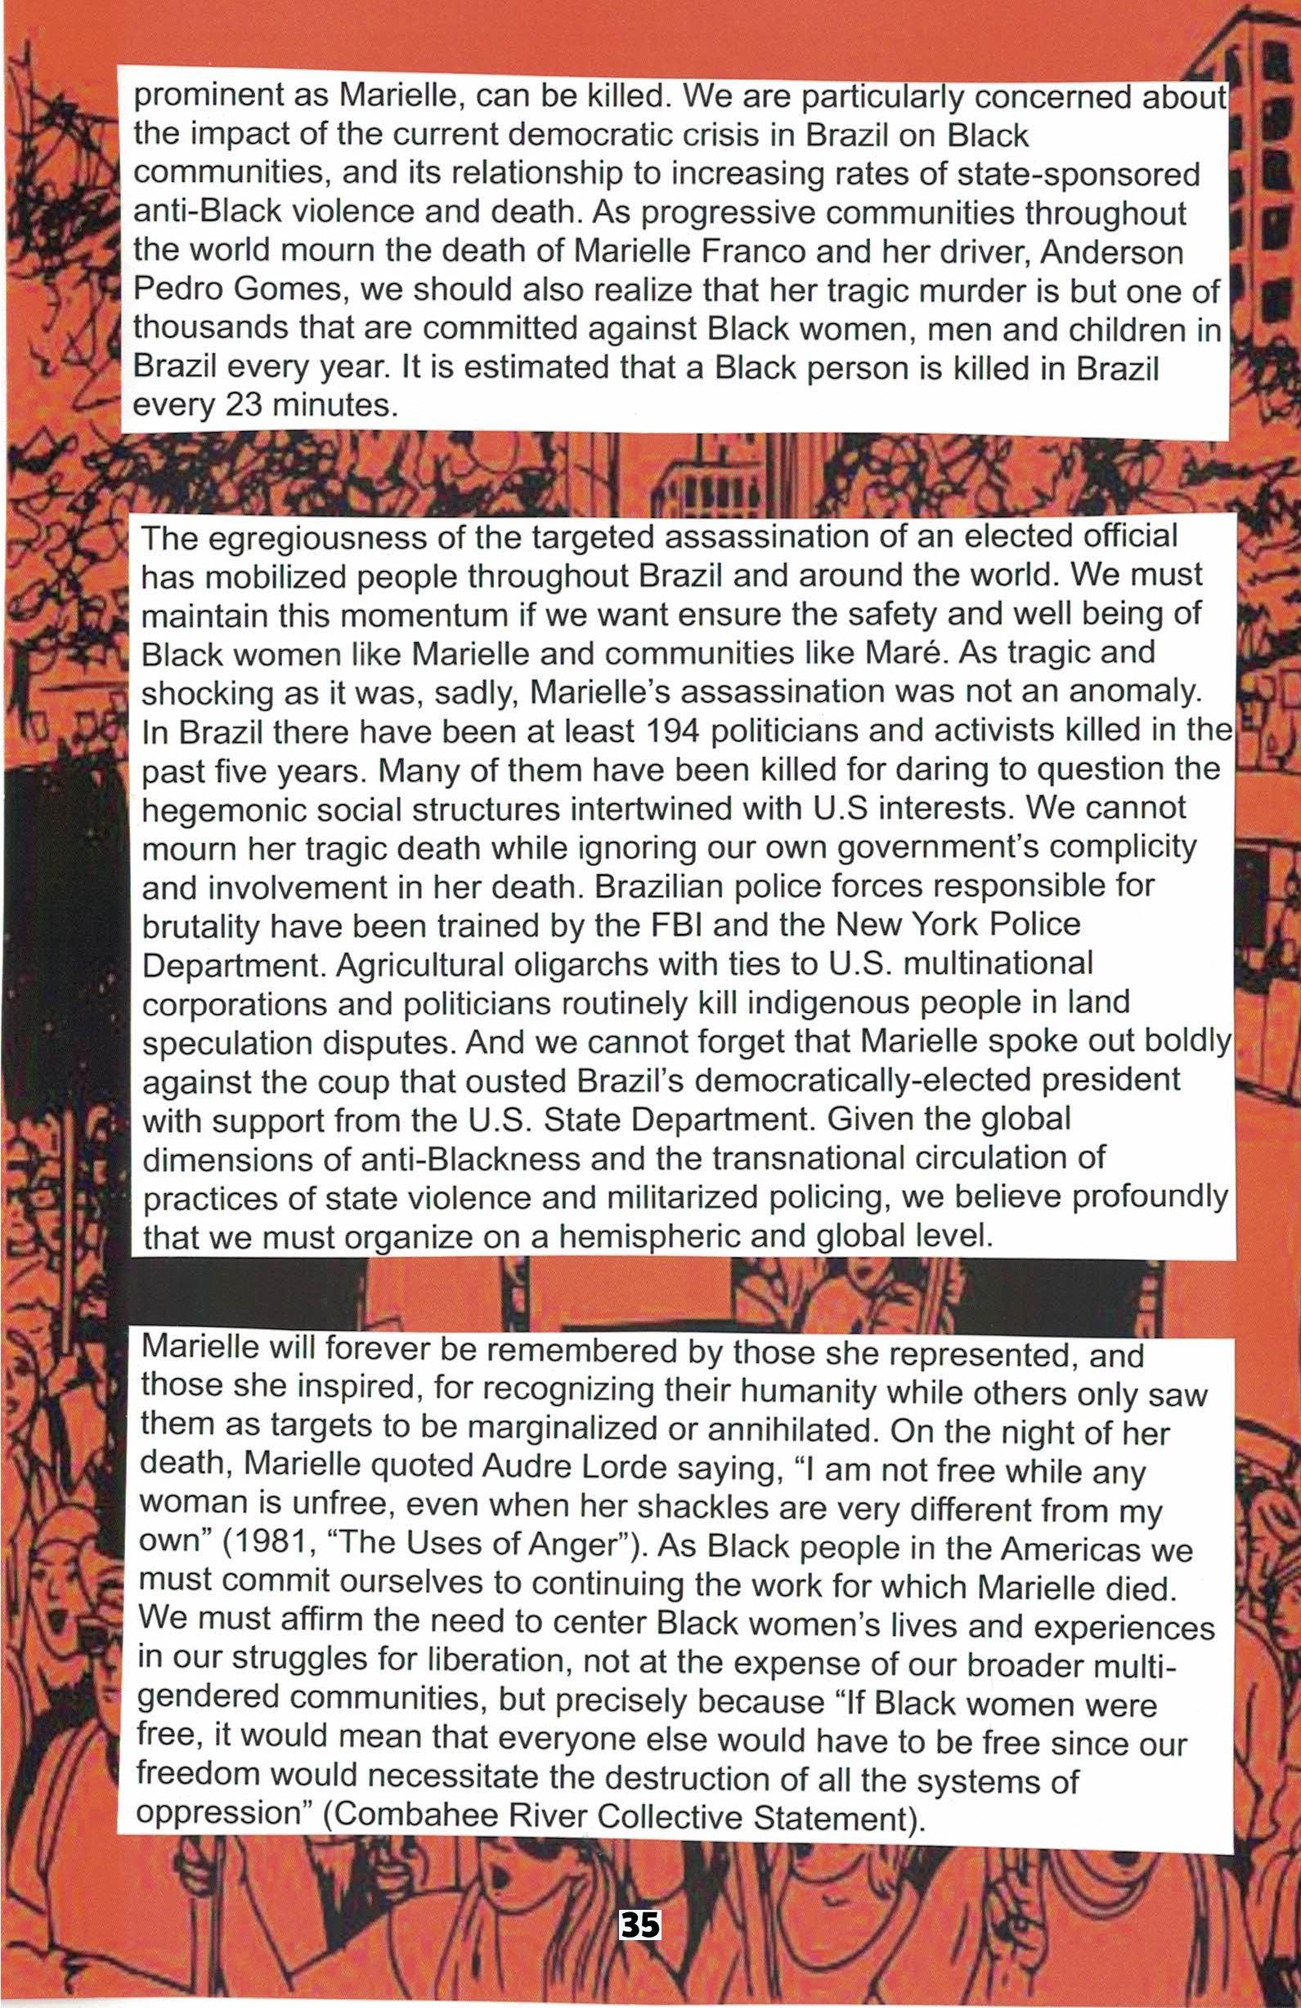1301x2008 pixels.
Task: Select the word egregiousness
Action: [x=314, y=537]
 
